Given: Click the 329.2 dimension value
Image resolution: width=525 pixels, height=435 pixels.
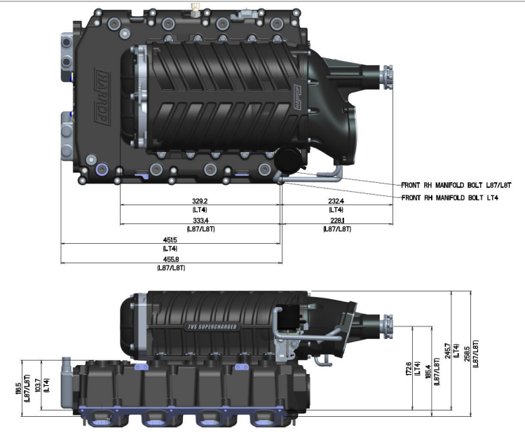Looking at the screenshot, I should click(x=200, y=200).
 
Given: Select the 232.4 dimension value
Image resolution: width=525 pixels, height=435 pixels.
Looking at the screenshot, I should click(x=336, y=200).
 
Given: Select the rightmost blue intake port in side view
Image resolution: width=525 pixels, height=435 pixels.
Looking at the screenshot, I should click(x=264, y=420).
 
